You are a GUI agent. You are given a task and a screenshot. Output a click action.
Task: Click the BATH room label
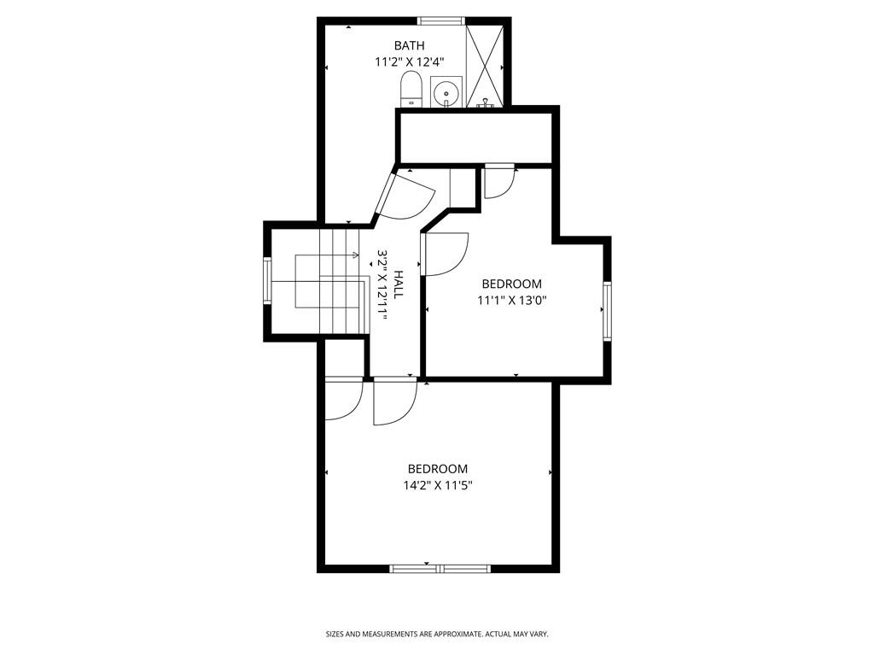coord(409,45)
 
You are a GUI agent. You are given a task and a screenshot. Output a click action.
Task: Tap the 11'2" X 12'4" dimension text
coord(409,62)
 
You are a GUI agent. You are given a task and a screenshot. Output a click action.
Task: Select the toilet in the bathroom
coord(411,89)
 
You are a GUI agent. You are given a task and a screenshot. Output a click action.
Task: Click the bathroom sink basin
coord(446,91)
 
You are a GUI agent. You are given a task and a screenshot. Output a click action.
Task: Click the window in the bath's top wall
coord(440,20)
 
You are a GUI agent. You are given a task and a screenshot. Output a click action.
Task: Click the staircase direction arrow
coord(353,255)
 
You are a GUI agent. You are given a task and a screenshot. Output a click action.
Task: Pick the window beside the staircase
coord(267,282)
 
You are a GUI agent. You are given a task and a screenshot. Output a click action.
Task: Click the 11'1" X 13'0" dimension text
coord(511,300)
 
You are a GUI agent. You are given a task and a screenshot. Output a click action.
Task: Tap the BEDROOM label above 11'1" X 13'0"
coord(511,284)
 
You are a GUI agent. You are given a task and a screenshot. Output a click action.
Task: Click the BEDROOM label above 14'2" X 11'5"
coord(437,469)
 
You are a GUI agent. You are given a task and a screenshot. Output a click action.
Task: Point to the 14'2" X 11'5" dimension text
coord(438,485)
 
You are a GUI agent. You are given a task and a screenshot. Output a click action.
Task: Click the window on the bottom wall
coord(440,567)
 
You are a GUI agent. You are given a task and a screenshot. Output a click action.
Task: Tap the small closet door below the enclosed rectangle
coord(498,181)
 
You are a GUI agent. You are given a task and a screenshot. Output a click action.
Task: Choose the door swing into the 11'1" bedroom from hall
coord(445,255)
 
